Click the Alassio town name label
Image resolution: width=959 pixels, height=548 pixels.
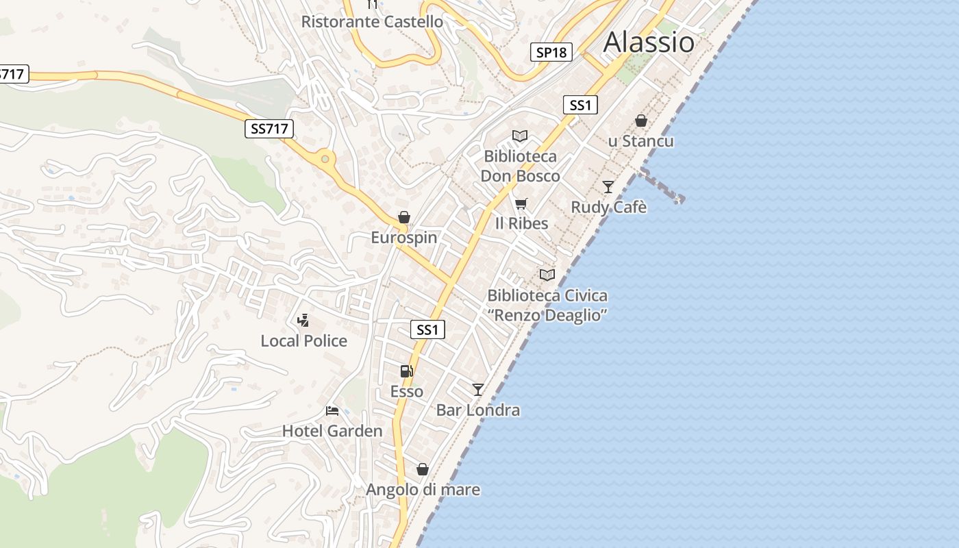[648, 42]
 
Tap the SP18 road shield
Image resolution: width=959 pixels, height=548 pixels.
[551, 52]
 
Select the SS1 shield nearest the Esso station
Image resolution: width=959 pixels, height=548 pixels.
[427, 329]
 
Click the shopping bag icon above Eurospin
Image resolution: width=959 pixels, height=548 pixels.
[404, 218]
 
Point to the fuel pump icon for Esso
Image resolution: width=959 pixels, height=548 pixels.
[406, 371]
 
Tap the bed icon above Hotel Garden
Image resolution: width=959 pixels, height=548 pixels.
[332, 411]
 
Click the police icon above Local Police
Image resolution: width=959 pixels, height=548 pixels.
[303, 320]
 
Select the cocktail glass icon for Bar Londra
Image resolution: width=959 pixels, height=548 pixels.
[478, 390]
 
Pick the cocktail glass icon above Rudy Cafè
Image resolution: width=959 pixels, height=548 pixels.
[608, 186]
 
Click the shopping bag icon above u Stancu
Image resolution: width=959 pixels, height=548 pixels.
[641, 121]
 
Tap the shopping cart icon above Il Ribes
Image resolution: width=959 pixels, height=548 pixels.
[521, 203]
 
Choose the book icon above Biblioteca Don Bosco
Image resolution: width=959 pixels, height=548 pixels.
[520, 136]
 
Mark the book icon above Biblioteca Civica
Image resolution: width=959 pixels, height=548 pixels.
[547, 275]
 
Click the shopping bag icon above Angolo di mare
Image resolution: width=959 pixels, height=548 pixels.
[423, 469]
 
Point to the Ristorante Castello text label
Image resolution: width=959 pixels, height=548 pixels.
[372, 22]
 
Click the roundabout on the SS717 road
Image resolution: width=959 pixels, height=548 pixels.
[325, 160]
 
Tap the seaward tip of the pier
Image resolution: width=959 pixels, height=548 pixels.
[678, 199]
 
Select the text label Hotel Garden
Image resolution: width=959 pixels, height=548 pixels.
[332, 431]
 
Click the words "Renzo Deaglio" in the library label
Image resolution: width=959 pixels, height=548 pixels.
[547, 315]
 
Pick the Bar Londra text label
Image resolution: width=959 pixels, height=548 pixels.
[478, 410]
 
